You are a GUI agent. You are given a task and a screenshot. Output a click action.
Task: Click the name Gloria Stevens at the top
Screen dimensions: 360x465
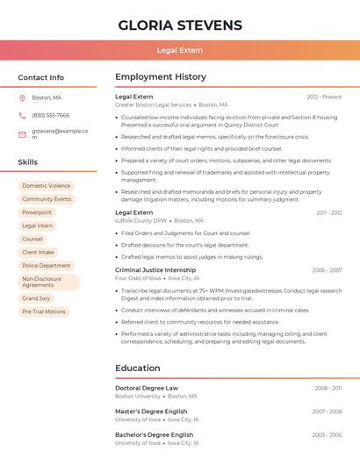click(x=180, y=25)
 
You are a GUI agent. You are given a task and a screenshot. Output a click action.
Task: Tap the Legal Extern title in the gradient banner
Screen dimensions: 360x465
click(x=180, y=50)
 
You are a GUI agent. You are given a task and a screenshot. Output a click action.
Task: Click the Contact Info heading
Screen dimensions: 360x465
click(x=41, y=77)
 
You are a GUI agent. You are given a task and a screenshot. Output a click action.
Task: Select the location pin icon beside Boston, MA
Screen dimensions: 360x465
click(x=22, y=97)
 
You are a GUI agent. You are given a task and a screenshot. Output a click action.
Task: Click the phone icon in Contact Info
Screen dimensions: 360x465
click(x=22, y=115)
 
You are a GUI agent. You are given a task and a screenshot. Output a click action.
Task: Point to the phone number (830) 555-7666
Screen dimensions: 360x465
click(x=51, y=115)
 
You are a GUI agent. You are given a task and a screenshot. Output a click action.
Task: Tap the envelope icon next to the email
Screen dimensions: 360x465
click(x=22, y=134)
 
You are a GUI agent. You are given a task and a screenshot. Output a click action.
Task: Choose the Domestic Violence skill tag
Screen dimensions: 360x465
click(x=47, y=186)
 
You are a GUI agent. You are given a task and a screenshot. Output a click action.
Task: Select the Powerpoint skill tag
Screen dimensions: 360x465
click(x=37, y=212)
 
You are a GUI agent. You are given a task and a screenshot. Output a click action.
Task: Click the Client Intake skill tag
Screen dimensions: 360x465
click(x=40, y=252)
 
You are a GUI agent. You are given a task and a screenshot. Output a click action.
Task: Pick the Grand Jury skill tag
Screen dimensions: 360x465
click(x=36, y=298)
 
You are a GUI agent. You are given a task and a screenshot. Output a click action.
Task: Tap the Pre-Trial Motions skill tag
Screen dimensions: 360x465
click(x=44, y=311)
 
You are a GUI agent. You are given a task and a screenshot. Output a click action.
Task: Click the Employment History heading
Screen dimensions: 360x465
click(x=161, y=77)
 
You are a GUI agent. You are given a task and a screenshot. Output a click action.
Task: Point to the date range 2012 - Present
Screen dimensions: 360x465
click(x=324, y=97)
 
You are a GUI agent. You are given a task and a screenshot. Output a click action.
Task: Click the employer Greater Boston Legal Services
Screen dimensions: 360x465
click(x=153, y=104)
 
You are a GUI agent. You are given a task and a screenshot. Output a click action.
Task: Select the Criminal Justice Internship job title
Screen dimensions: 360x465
click(x=155, y=270)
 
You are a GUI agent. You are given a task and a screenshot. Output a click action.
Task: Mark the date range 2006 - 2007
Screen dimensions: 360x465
click(x=327, y=270)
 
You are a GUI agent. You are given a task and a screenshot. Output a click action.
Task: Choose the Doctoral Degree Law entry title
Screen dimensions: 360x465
click(x=147, y=388)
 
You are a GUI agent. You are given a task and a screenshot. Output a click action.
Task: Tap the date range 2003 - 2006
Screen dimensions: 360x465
click(x=327, y=435)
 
